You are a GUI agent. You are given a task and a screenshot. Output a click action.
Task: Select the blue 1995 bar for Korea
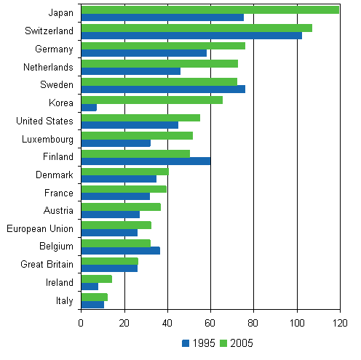tap(89, 108)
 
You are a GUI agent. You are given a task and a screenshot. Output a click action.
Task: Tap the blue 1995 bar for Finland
tap(146, 161)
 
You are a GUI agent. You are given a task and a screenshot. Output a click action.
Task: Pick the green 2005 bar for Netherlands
tap(159, 63)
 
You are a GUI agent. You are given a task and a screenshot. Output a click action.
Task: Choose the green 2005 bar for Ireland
tap(96, 279)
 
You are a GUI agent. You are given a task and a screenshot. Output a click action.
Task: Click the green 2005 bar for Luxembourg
tap(137, 135)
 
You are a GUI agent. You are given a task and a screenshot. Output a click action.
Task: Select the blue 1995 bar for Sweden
tap(163, 89)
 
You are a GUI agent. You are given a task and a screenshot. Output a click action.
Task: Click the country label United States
tap(44, 121)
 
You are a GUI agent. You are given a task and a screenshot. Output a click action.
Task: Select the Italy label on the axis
tap(63, 300)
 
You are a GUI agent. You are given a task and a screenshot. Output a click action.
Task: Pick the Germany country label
tap(54, 49)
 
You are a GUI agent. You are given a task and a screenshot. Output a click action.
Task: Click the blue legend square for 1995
tap(186, 343)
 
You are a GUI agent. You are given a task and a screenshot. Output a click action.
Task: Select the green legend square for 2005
tap(223, 343)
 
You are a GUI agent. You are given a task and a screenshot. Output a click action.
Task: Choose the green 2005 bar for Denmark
tap(124, 172)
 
